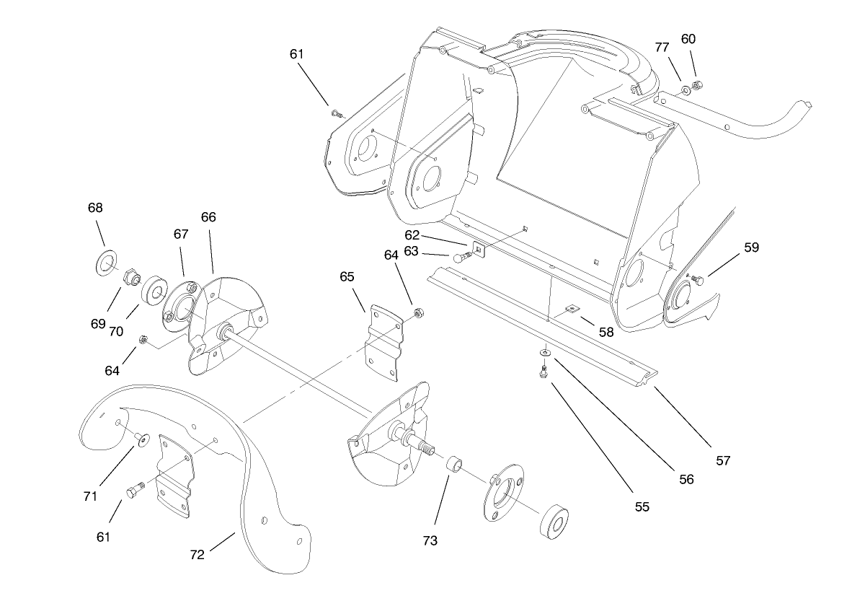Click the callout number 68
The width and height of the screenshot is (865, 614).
[x=95, y=208]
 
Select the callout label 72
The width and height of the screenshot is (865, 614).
[x=197, y=555]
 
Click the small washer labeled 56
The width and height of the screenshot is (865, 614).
[x=545, y=353]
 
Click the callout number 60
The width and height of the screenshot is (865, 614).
[x=688, y=39]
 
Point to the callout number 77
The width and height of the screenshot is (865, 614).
[x=662, y=48]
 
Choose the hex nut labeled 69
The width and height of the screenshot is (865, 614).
[x=131, y=276]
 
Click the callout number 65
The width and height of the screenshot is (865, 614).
[x=347, y=276]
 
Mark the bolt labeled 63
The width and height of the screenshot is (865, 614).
[x=461, y=257]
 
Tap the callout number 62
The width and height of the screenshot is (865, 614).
[x=412, y=234]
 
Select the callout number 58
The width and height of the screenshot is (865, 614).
[x=606, y=332]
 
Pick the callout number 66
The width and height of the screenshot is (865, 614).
[x=208, y=217]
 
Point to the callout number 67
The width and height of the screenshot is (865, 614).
[x=180, y=234]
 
